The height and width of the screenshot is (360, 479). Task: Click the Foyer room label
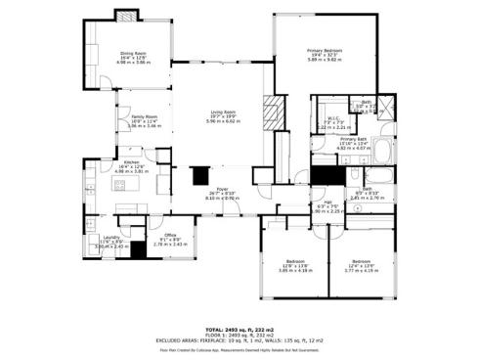pyautogui.click(x=223, y=193)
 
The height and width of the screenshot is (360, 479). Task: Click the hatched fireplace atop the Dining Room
pyautogui.click(x=125, y=17)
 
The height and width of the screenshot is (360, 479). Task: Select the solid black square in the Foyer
pyautogui.click(x=200, y=175)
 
